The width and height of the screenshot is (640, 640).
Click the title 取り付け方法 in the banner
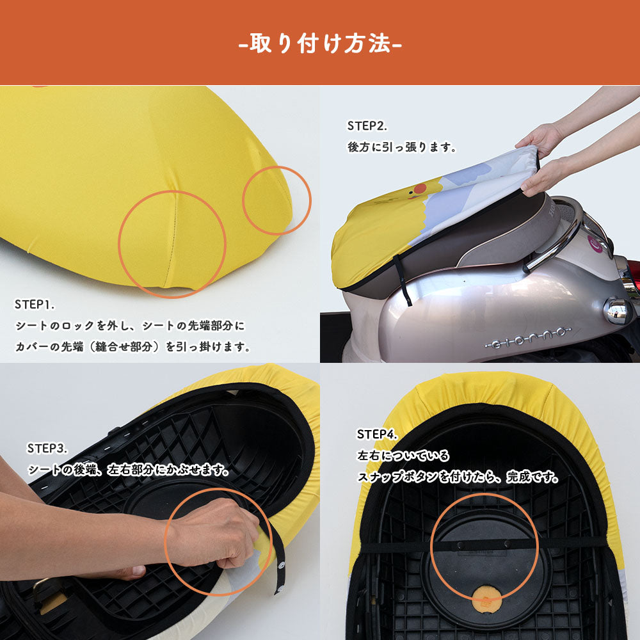point(320,43)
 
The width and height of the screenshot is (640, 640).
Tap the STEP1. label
point(35,304)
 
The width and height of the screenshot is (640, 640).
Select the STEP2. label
point(367,125)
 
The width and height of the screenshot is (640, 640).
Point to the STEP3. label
point(47,448)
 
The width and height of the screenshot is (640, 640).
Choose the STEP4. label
point(377,434)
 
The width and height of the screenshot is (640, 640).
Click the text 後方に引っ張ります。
point(402,147)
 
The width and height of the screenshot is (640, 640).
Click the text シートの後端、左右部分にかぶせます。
point(129,469)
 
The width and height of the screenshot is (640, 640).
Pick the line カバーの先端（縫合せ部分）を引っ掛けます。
point(132,346)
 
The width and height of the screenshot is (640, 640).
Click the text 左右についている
point(403,455)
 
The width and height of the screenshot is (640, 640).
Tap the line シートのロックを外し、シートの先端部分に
point(130,325)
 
